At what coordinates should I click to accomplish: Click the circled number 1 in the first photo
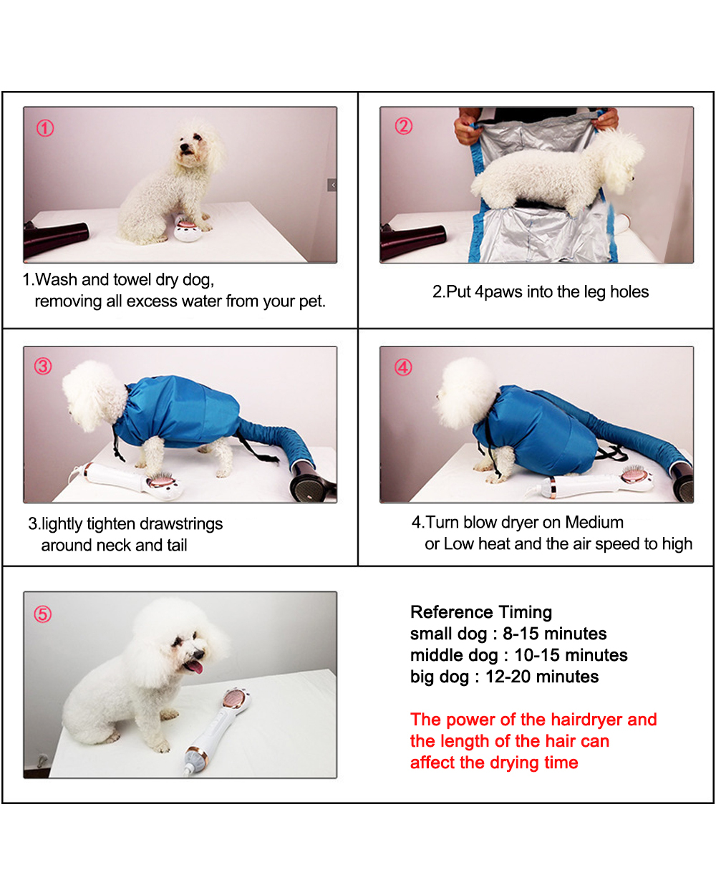(x=45, y=128)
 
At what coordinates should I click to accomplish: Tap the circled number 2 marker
(x=404, y=126)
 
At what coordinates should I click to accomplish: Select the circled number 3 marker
(x=43, y=367)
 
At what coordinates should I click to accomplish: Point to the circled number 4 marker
(x=403, y=367)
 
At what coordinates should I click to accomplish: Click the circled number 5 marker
(x=43, y=614)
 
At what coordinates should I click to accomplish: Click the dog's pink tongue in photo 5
(x=194, y=667)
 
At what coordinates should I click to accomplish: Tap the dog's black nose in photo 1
(x=183, y=147)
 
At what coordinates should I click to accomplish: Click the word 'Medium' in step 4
(x=594, y=523)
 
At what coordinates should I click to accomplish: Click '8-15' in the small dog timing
(x=521, y=634)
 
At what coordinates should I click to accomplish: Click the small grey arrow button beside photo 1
(x=332, y=185)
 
